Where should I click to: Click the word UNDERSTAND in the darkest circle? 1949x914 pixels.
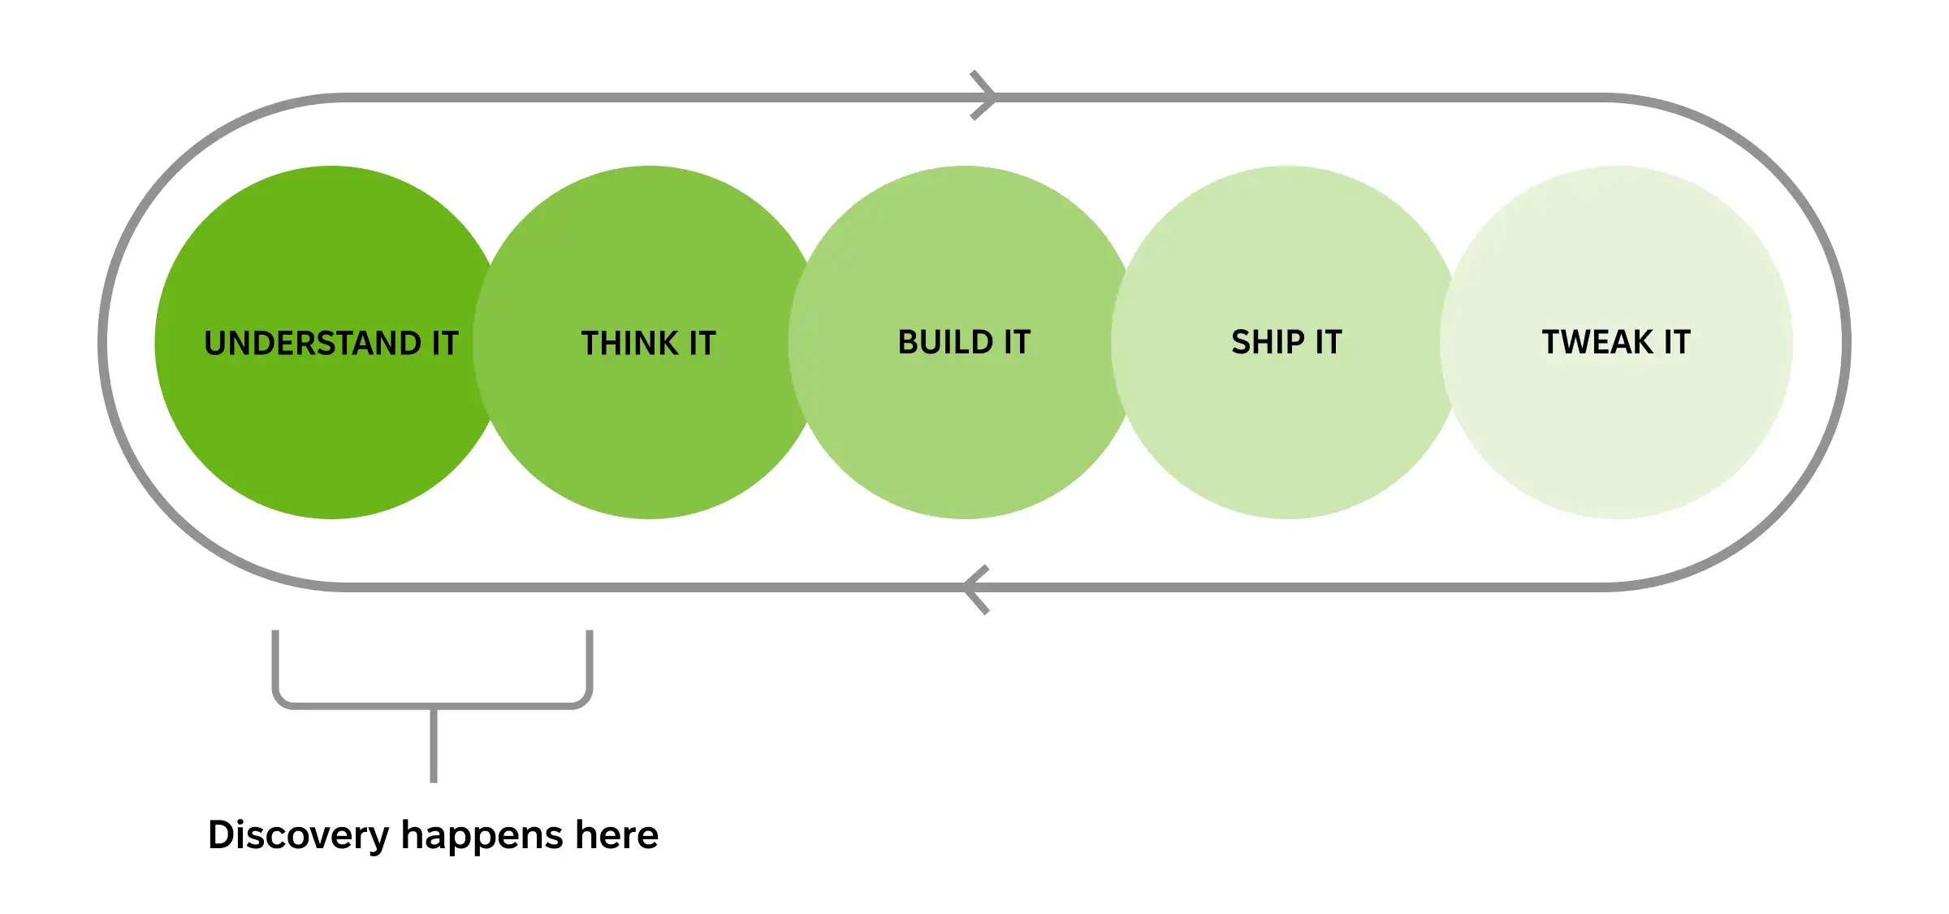[312, 344]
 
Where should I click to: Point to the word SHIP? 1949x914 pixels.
[1267, 342]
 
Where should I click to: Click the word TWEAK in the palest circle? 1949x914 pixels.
[1597, 342]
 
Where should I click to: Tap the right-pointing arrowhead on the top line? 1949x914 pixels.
[986, 97]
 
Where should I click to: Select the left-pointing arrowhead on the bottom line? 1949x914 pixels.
[974, 588]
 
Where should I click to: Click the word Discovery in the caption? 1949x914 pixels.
[298, 836]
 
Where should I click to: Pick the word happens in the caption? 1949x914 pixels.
[482, 836]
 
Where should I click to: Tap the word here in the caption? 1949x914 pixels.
[616, 836]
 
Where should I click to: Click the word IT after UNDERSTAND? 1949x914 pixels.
[445, 344]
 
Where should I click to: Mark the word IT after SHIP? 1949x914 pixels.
[1328, 342]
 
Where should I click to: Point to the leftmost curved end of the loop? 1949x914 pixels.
[103, 342]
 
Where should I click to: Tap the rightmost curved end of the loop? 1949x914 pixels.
[1846, 342]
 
